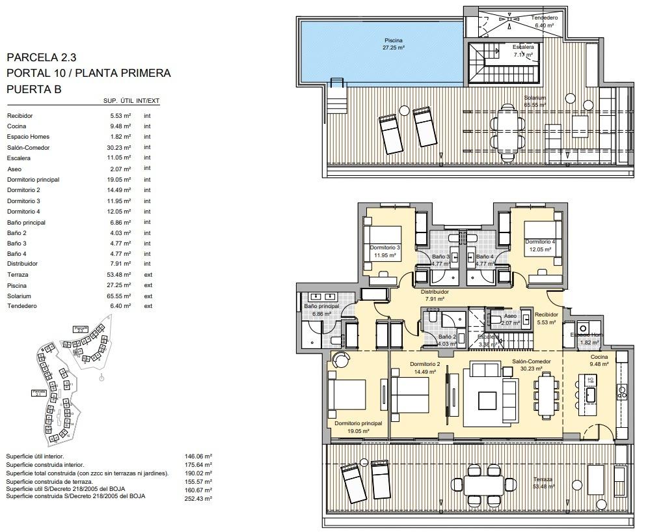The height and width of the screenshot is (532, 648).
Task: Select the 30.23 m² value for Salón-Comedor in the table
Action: point(120,148)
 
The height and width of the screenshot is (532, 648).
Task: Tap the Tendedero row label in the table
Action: point(21,306)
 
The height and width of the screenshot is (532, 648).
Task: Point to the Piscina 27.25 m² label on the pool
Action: point(394,44)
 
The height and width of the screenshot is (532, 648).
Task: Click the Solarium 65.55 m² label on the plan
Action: point(535,101)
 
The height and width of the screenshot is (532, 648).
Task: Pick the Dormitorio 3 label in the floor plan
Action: point(385,251)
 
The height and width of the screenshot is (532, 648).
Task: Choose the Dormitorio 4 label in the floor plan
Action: point(540,245)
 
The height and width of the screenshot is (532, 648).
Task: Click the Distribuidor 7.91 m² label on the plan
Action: point(435,296)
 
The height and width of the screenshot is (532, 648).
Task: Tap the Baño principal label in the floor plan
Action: point(321,309)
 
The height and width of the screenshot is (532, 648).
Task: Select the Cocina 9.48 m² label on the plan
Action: point(599,361)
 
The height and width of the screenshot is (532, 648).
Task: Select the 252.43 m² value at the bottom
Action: point(199,499)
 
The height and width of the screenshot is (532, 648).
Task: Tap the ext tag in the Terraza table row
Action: point(148,275)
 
